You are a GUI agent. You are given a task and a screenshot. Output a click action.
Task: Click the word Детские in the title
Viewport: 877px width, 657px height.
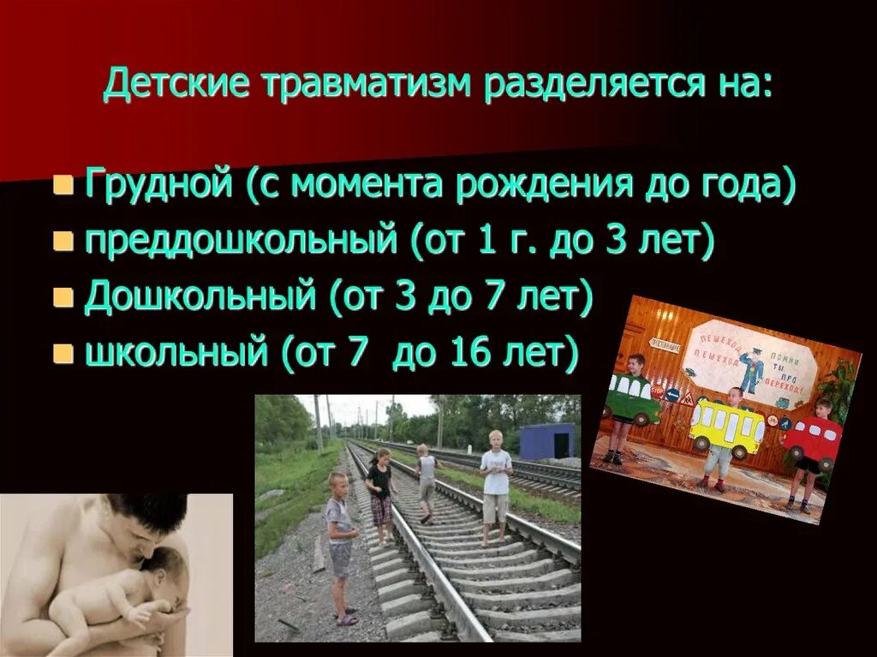click(x=175, y=85)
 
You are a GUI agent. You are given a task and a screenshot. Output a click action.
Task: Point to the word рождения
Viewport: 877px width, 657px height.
click(x=540, y=185)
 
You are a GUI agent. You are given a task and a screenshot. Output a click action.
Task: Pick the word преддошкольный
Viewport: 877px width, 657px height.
click(x=242, y=241)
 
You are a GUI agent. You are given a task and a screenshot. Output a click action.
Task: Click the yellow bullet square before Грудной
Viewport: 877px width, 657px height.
click(x=62, y=186)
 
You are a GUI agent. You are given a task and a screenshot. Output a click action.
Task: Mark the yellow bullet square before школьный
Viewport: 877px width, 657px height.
click(x=62, y=353)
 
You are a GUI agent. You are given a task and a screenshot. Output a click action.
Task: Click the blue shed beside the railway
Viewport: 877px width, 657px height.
click(x=546, y=441)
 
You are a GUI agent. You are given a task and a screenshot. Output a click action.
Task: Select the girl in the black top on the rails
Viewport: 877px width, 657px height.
click(x=380, y=491)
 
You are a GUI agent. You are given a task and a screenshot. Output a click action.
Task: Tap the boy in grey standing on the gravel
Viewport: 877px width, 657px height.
click(x=340, y=544)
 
